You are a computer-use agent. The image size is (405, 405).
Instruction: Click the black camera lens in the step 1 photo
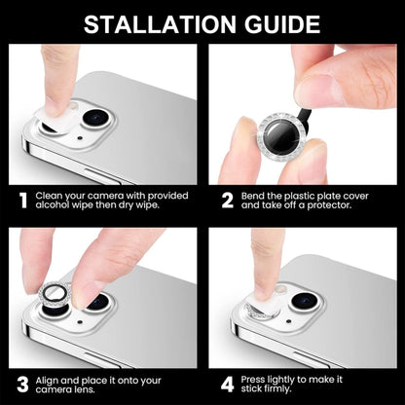(94, 119)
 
